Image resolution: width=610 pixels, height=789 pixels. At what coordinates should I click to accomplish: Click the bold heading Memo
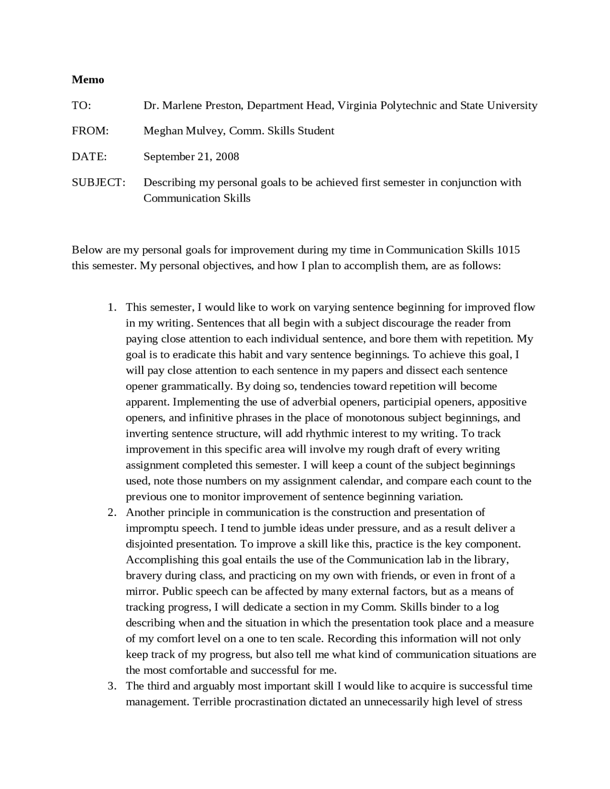[x=88, y=80]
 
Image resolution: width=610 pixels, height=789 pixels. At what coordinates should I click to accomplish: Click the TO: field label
[x=81, y=105]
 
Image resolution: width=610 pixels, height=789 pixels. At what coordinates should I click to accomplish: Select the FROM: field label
[x=90, y=131]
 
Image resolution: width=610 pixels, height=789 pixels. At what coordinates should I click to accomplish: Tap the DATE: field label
[x=89, y=157]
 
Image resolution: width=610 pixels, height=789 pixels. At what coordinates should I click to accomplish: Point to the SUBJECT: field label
[x=99, y=182]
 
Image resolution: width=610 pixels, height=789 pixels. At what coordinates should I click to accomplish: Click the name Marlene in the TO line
[x=183, y=105]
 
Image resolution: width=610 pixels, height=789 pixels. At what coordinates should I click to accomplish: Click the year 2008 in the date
[x=227, y=157]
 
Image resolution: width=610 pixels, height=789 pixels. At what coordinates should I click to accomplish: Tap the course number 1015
[x=508, y=250]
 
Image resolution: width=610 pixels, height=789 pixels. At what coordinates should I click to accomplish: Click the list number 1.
[x=112, y=307]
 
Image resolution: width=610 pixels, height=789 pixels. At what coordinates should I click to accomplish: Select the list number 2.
[x=112, y=513]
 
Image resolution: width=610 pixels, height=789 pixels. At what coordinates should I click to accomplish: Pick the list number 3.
[x=112, y=686]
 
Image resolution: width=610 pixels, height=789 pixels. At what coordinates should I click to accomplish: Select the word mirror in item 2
[x=142, y=591]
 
